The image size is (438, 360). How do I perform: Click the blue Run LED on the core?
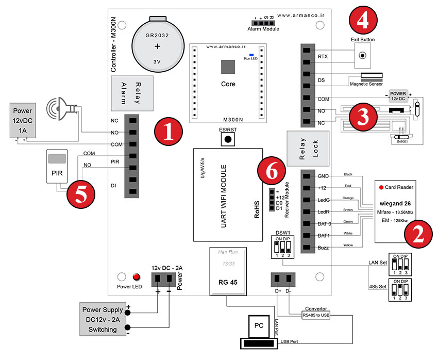pos(251,54)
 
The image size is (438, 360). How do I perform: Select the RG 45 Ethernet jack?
pos(227,271)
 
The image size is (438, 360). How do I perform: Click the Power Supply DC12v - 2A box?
pos(102,320)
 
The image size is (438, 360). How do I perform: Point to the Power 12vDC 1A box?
pos(23,119)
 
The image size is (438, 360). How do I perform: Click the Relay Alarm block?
pos(130,93)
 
